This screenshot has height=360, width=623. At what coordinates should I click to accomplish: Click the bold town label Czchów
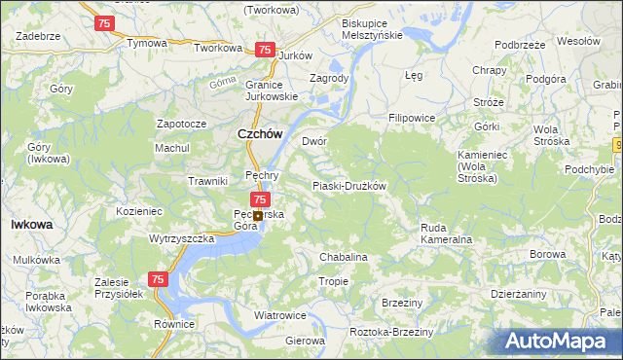click(x=260, y=137)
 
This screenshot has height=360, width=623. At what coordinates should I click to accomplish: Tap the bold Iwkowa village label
click(x=31, y=224)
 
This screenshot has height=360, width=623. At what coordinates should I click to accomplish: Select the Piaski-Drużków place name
click(x=349, y=186)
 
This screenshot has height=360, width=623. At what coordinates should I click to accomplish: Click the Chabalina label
click(x=344, y=257)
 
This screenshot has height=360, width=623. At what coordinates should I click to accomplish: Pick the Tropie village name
click(x=333, y=281)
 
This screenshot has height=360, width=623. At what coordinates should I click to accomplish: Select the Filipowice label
click(x=412, y=118)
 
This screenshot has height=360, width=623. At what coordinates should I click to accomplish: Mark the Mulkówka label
click(x=37, y=260)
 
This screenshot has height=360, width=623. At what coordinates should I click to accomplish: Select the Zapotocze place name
click(x=182, y=125)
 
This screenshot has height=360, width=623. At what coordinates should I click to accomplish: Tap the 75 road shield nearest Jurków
click(x=264, y=50)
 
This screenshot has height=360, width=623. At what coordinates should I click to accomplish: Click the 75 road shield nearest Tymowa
click(x=105, y=21)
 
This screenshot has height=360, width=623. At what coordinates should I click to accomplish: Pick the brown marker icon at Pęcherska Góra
click(x=258, y=216)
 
